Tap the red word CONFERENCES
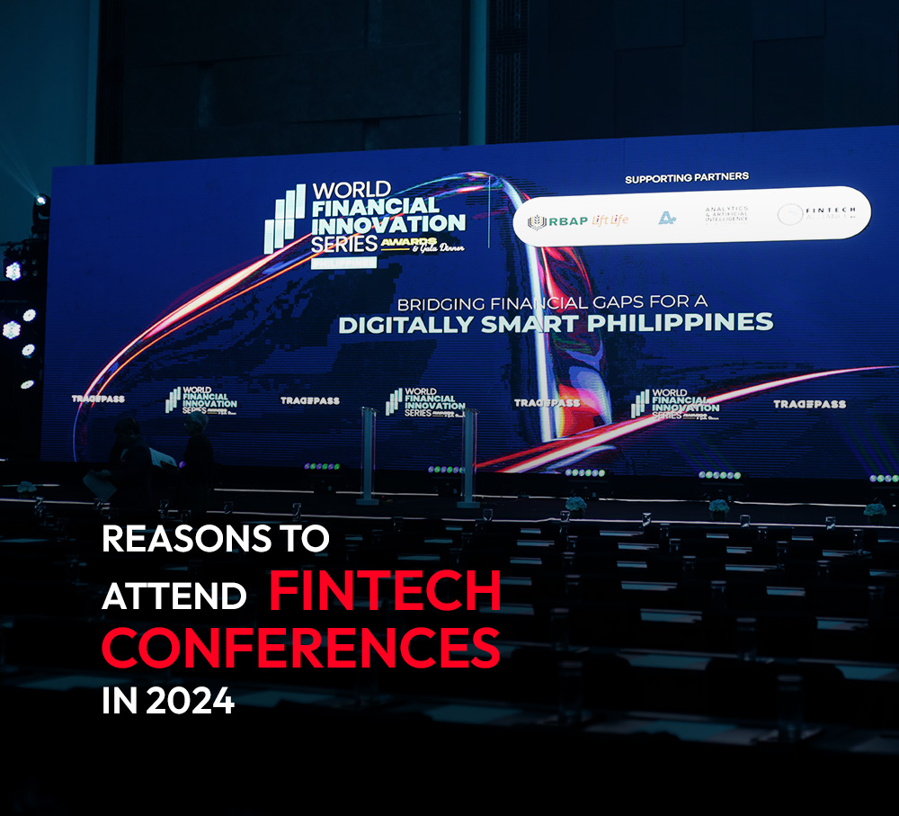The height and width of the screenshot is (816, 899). [x=300, y=646]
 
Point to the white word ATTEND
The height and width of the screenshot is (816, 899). [x=174, y=596]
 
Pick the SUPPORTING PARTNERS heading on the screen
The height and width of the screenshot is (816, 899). [x=687, y=178]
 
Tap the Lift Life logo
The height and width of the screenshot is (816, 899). [x=611, y=220]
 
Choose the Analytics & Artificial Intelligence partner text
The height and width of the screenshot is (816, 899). [x=726, y=215]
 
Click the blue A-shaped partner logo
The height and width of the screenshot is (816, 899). [x=666, y=217]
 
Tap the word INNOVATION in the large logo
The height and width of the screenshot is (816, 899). [x=388, y=223]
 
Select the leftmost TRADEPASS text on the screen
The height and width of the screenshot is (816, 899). [x=98, y=398]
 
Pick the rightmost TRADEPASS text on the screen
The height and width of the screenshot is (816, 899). [x=809, y=405]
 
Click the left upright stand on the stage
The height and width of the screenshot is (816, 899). [x=367, y=454]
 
